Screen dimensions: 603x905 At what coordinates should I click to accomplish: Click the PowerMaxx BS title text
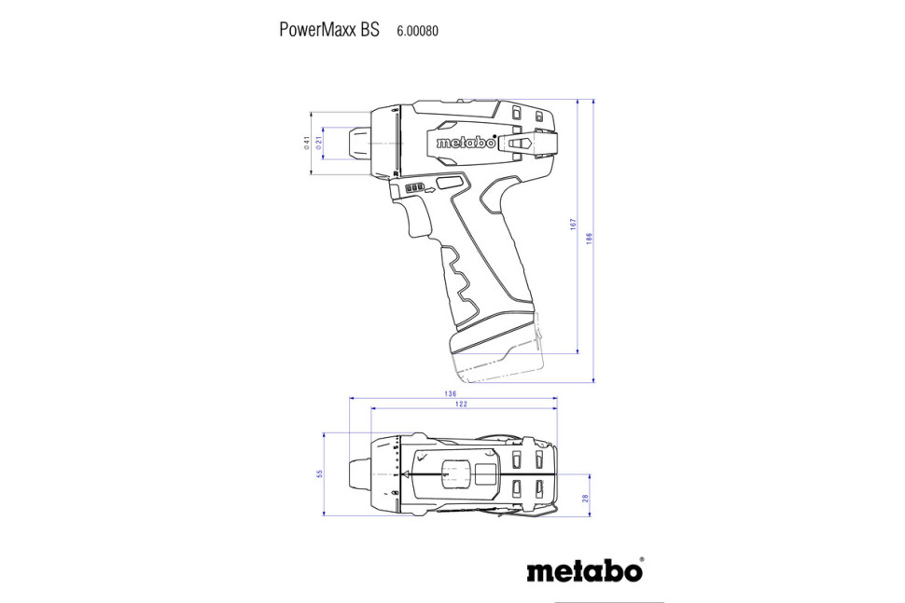pos(329,29)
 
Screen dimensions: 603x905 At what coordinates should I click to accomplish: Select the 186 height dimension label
pos(590,240)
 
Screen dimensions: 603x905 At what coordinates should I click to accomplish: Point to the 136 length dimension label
pos(452,393)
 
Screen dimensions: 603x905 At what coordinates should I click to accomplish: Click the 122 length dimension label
pos(462,404)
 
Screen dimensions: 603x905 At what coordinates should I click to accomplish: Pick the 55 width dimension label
pos(319,473)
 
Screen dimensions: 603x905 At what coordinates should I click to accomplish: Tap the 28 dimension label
pos(585,500)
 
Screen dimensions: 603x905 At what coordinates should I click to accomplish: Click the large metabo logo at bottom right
pos(583,570)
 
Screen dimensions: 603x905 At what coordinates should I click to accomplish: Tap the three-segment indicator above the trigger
pos(414,188)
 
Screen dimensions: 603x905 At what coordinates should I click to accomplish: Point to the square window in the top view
pos(486,473)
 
